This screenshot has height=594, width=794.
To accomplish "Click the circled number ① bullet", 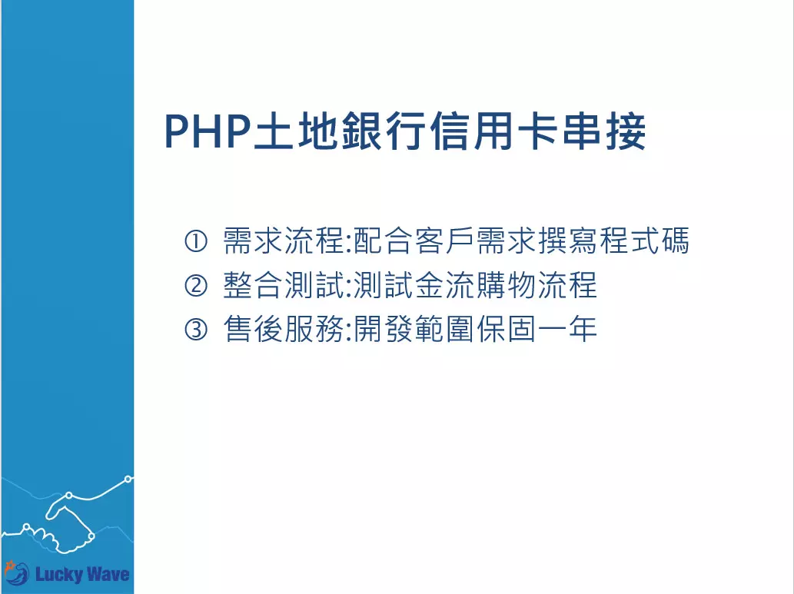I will (196, 241).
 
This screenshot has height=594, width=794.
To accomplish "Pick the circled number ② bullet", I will (196, 286).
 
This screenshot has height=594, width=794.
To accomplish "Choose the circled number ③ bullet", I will (196, 330).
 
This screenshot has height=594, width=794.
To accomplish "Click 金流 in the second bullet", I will (449, 286).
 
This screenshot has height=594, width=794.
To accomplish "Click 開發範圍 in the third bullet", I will (415, 330).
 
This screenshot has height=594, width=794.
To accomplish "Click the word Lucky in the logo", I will (60, 574).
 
